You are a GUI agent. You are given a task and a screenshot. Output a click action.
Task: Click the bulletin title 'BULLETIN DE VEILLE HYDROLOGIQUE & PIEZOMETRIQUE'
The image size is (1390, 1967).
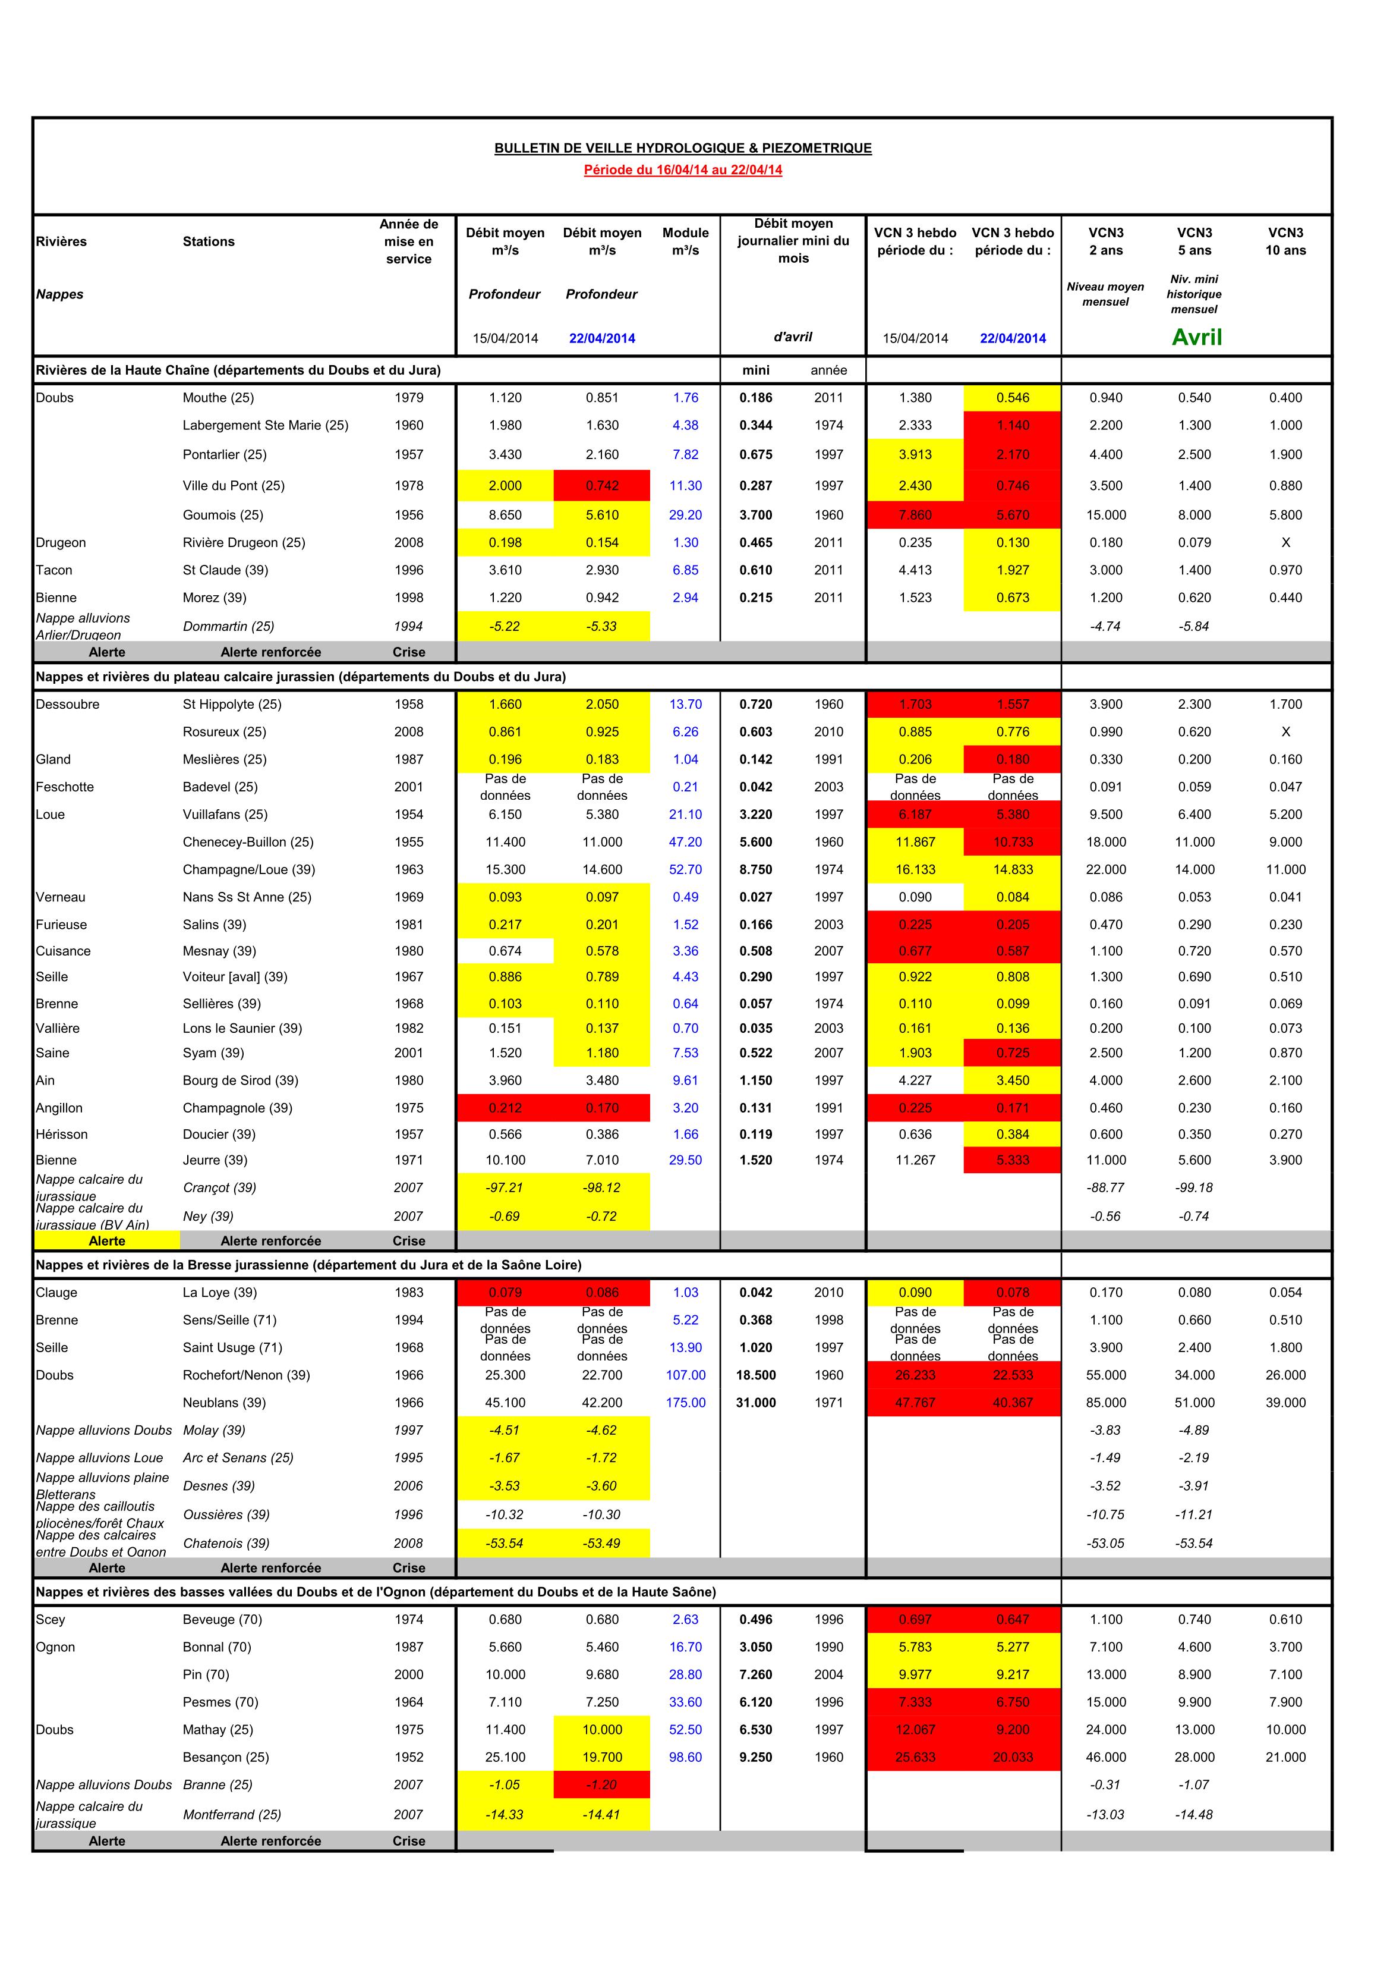[683, 148]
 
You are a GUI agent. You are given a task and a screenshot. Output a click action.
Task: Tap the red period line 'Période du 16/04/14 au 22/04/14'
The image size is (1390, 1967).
[683, 169]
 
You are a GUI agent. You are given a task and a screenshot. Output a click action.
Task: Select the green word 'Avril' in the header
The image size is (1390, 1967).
[1196, 338]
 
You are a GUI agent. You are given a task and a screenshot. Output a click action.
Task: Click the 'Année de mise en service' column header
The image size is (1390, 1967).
[408, 241]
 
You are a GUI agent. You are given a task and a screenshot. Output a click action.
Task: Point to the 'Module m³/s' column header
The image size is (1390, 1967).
[685, 241]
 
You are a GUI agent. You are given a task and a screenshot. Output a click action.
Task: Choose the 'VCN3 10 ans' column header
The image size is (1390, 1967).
[1285, 241]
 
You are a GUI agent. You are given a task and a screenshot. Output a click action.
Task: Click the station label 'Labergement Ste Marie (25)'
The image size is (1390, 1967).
[266, 425]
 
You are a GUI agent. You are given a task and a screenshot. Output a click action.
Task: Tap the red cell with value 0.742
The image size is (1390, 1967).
[602, 486]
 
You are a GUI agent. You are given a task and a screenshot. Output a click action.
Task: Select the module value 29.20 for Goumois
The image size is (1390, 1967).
[685, 515]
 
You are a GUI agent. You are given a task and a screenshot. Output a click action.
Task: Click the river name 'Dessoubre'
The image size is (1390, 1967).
[68, 704]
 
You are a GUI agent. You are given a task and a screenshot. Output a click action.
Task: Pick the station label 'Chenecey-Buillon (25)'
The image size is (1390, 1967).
[248, 842]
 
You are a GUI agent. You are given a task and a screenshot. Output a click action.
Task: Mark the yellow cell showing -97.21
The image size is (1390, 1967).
[505, 1187]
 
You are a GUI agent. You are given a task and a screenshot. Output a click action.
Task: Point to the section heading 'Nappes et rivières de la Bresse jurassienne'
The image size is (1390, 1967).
[308, 1265]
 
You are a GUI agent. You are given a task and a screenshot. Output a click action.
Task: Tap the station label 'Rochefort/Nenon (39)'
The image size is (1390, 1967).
[247, 1375]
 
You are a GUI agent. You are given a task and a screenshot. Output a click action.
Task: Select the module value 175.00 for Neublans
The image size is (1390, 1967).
[685, 1403]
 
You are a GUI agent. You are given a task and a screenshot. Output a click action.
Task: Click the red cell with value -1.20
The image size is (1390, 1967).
[602, 1784]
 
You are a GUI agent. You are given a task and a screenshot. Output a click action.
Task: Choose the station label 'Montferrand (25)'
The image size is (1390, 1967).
[232, 1815]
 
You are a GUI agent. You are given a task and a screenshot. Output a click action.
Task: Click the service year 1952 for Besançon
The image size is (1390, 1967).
[408, 1757]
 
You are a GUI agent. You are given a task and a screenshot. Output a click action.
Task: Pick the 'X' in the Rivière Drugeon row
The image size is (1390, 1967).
[1285, 542]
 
